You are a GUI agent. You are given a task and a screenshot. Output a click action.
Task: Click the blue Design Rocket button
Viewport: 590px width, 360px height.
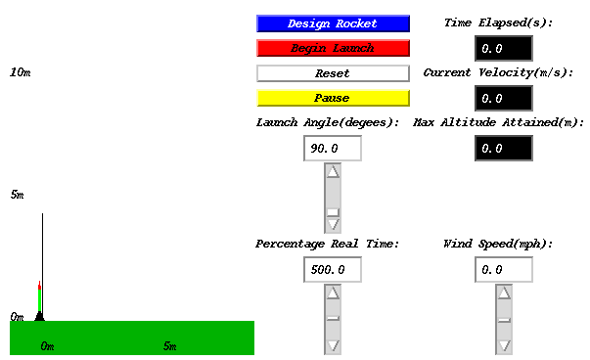tap(333, 23)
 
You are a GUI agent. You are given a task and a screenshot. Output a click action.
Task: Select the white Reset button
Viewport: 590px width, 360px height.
tap(333, 73)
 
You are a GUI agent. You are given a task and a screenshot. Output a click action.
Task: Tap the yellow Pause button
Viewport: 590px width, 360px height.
tap(333, 98)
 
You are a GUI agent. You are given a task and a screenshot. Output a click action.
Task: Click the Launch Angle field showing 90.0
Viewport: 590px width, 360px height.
tap(333, 149)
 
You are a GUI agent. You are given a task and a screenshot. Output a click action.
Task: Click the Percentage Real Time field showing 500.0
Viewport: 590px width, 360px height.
tap(333, 269)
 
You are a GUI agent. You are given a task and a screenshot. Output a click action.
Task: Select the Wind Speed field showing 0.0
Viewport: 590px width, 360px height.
tap(504, 269)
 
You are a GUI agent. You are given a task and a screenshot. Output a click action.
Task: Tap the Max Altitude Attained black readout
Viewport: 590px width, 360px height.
tap(504, 149)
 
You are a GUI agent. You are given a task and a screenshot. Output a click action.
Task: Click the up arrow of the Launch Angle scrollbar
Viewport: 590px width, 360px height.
tap(333, 171)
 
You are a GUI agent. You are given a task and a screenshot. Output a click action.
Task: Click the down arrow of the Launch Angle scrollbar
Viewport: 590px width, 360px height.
tap(333, 225)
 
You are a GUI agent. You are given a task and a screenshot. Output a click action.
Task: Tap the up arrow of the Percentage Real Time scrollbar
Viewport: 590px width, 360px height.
tap(333, 292)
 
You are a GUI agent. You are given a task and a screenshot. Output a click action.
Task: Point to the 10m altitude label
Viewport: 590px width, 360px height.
tap(21, 73)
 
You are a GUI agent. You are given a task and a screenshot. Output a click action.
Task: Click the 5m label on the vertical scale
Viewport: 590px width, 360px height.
tap(17, 196)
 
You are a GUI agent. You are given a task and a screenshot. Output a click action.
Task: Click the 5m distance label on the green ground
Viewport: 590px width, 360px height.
tap(169, 346)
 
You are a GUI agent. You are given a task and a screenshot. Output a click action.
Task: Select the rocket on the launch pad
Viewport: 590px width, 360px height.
tap(40, 299)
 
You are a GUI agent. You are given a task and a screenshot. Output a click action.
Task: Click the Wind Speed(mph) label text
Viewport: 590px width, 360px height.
tap(498, 244)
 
